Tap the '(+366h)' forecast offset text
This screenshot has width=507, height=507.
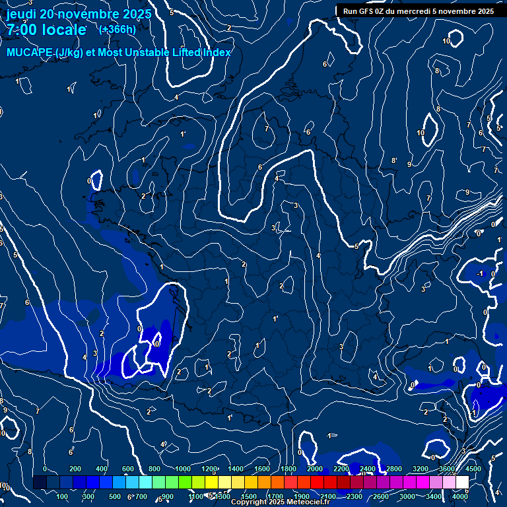click(118, 29)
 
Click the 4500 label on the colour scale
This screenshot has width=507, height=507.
click(473, 469)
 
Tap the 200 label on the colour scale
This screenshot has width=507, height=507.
click(75, 469)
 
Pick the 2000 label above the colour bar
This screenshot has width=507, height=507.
click(314, 469)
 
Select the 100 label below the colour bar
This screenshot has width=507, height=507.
click(63, 496)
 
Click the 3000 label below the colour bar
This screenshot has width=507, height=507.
click(407, 496)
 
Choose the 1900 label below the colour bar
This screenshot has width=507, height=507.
click(301, 496)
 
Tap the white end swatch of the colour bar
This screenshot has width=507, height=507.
click(462, 482)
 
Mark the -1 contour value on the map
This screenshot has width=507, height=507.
click(481, 273)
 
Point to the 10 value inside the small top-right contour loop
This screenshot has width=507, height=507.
click(446, 41)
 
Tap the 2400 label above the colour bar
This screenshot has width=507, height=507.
click(367, 469)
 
